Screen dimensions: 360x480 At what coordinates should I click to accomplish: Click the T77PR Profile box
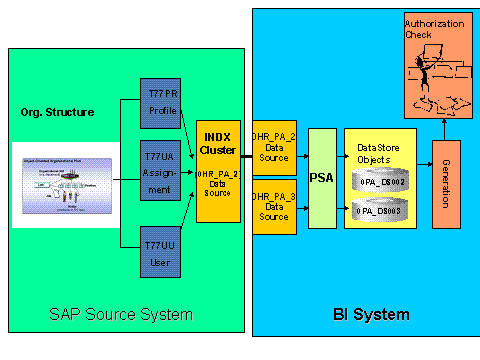point(161,103)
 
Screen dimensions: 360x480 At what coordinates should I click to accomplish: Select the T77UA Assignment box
point(161,170)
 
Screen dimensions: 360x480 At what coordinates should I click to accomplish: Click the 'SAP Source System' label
point(121,315)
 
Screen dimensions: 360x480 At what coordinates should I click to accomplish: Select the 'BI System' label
point(370,315)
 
